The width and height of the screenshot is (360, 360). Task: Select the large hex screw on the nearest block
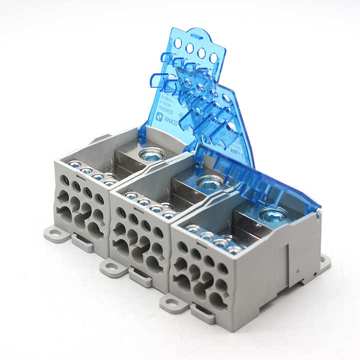click(x=273, y=214)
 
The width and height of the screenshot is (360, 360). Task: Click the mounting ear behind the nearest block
click(x=324, y=261)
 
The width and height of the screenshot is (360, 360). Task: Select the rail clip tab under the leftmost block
click(x=82, y=243)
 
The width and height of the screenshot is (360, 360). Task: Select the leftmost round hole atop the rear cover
click(x=178, y=43)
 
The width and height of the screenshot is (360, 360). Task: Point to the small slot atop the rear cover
click(x=196, y=36)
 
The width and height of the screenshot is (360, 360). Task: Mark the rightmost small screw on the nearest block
click(x=233, y=249)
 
